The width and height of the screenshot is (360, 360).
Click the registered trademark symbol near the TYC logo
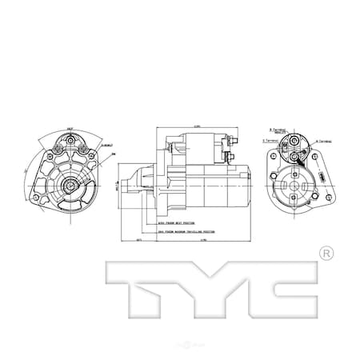pyautogui.click(x=326, y=254)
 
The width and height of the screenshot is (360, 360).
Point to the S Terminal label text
pyautogui.click(x=269, y=141)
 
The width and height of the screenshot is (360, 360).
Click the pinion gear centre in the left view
pyautogui.click(x=71, y=186)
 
